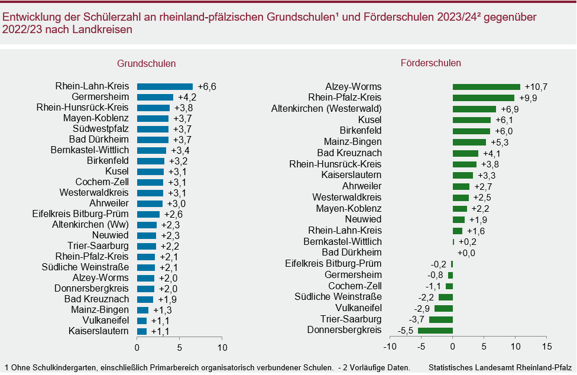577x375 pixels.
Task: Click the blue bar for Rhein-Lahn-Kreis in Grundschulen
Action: [165, 86]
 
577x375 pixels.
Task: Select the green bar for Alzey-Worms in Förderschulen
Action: [486, 87]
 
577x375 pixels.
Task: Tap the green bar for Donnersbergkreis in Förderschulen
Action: [435, 330]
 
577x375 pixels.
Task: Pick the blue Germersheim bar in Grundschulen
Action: [155, 97]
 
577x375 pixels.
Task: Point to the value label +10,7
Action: [536, 87]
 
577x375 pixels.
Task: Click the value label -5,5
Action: [406, 330]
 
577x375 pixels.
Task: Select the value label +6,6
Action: [207, 86]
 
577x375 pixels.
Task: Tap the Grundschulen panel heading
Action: [146, 63]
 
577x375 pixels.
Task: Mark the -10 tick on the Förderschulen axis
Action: [389, 346]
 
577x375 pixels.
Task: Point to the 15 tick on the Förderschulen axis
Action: [547, 346]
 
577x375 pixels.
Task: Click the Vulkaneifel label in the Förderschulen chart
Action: [358, 308]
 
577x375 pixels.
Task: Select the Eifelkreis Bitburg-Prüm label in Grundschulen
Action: [80, 214]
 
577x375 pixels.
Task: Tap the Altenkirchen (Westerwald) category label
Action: [326, 109]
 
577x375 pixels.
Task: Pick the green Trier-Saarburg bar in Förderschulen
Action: [441, 319]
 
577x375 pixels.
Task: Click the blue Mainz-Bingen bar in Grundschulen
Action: [142, 310]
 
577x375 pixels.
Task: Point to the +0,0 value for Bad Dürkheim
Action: [466, 253]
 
